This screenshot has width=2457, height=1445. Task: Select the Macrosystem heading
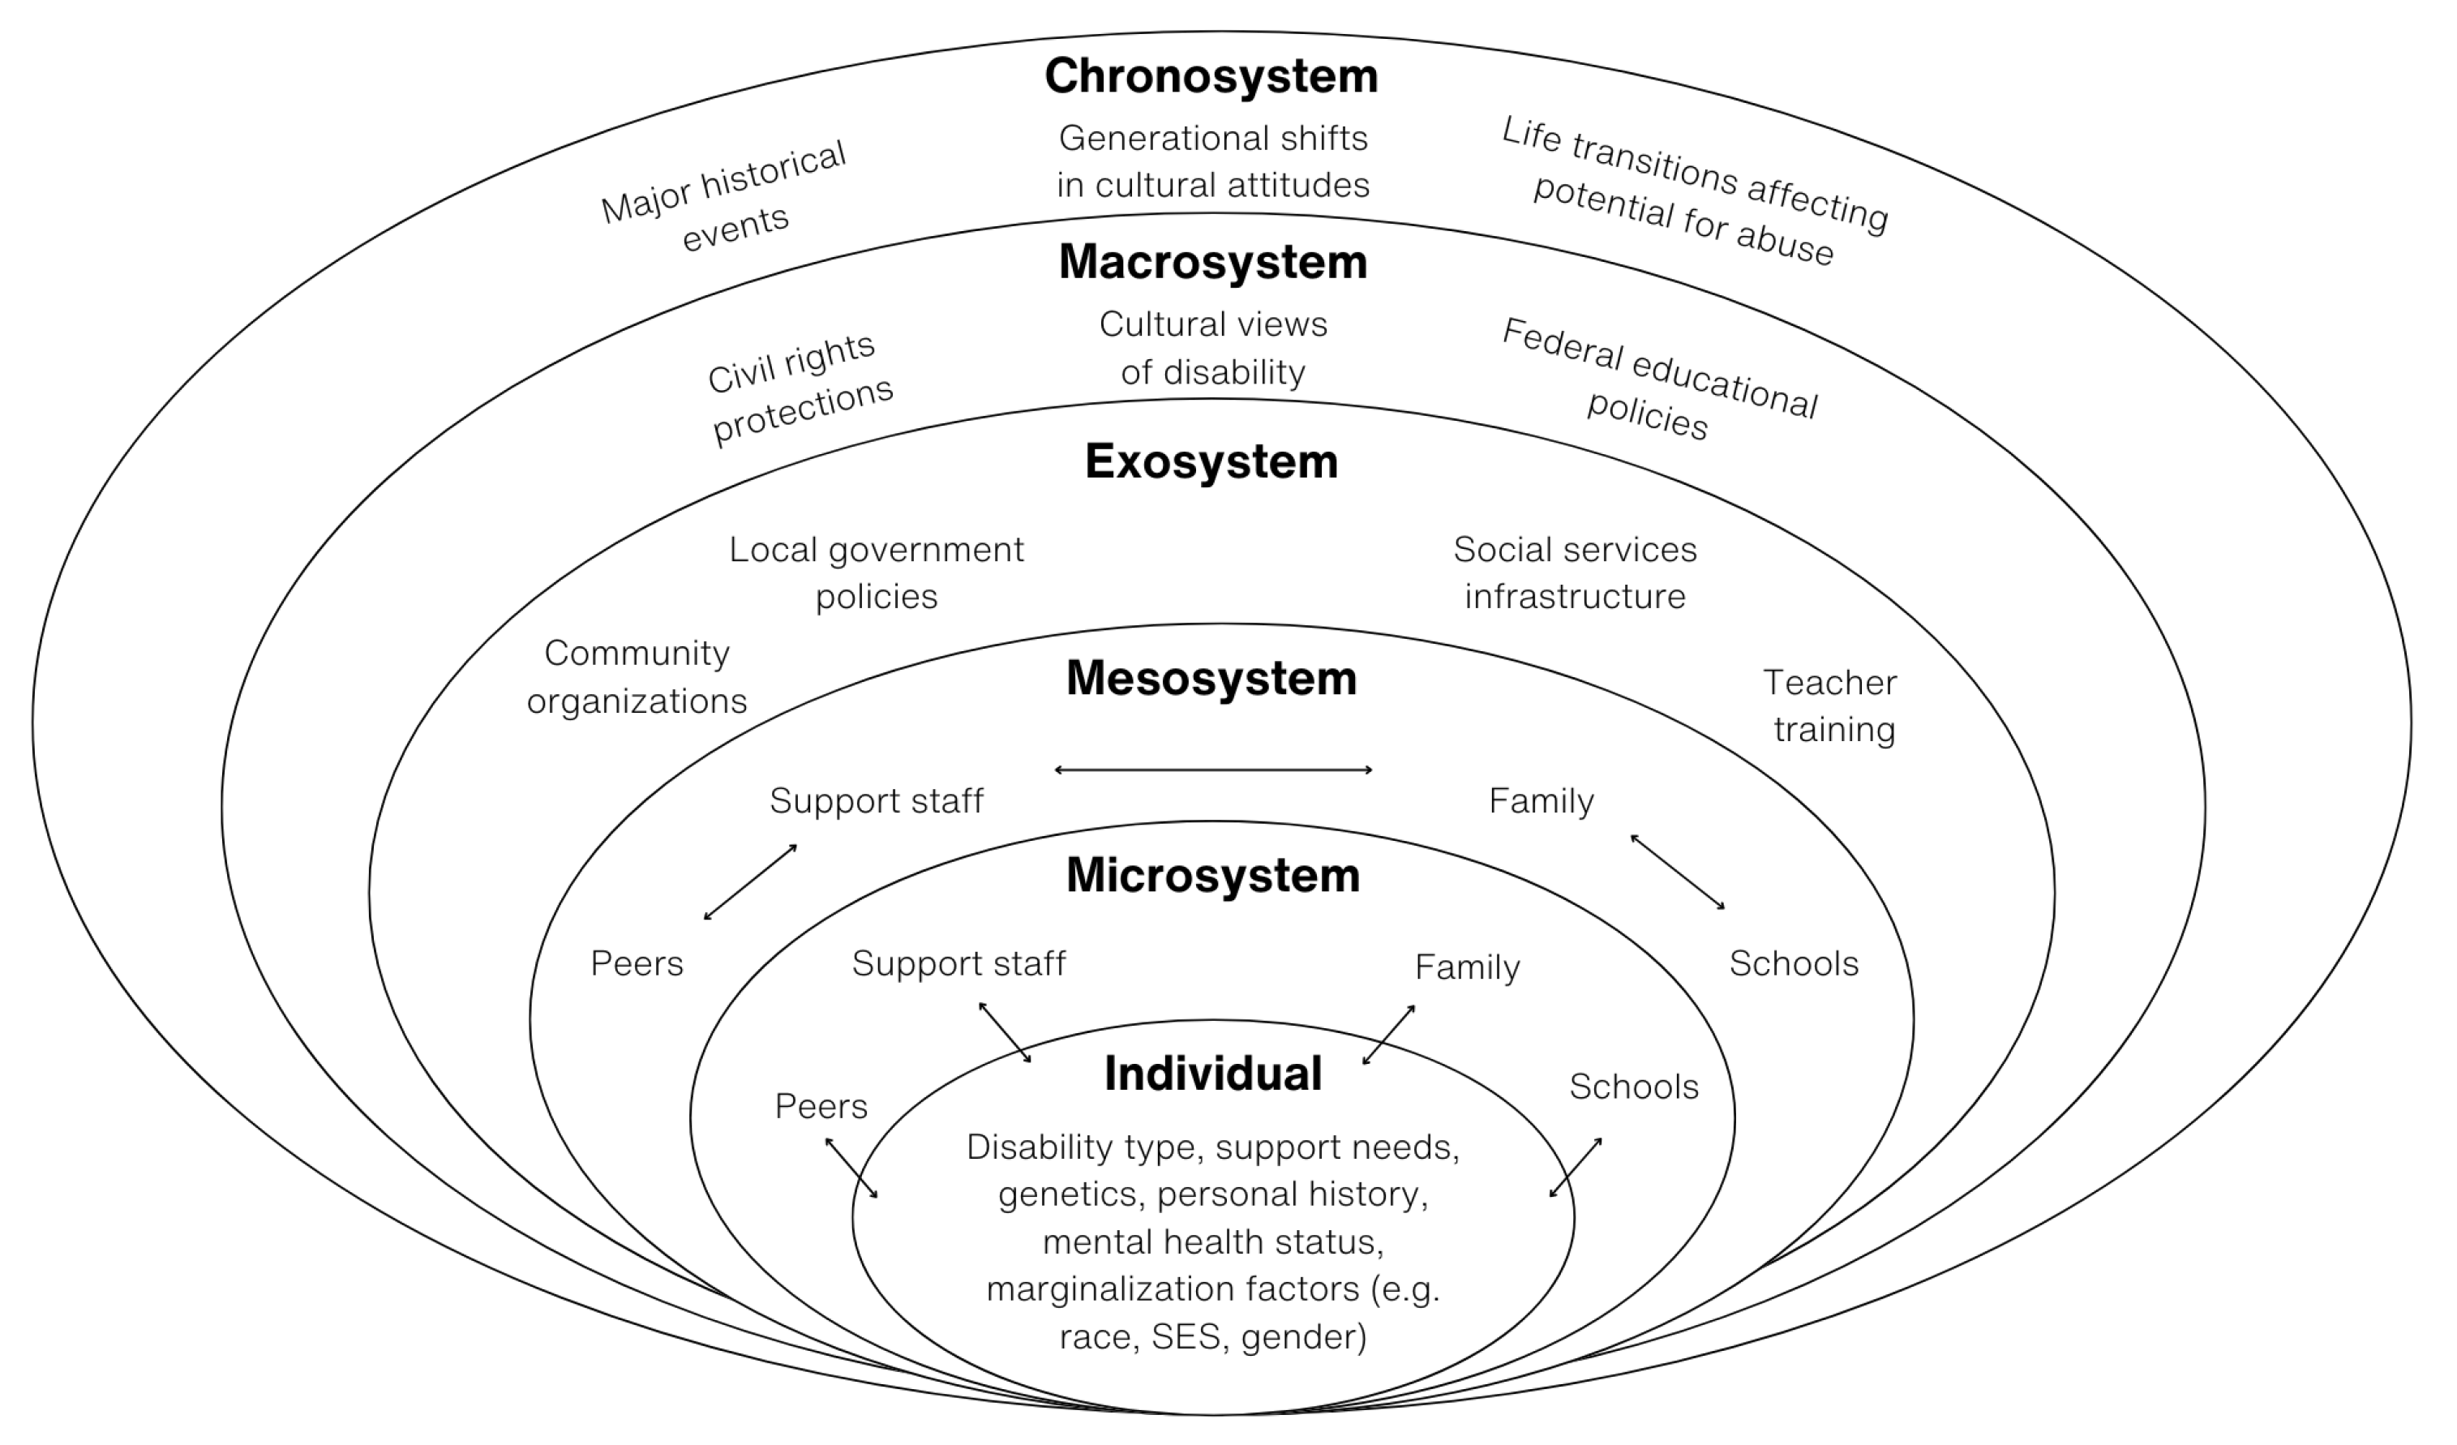1213,262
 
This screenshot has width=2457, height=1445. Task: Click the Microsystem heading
1213,876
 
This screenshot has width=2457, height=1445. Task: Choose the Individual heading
1213,1074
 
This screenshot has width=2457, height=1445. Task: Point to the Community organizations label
637,676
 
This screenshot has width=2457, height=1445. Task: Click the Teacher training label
1831,706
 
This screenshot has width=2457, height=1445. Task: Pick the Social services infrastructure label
1575,572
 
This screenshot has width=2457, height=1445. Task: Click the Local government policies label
877,572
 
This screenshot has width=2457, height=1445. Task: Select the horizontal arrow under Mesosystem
1213,770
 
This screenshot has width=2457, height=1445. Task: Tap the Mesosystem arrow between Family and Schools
1678,872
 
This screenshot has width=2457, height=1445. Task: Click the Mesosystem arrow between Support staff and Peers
751,881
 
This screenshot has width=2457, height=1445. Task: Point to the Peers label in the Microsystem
821,1107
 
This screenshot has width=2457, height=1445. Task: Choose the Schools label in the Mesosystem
1794,963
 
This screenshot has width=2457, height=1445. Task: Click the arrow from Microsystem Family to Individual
1388,1035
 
